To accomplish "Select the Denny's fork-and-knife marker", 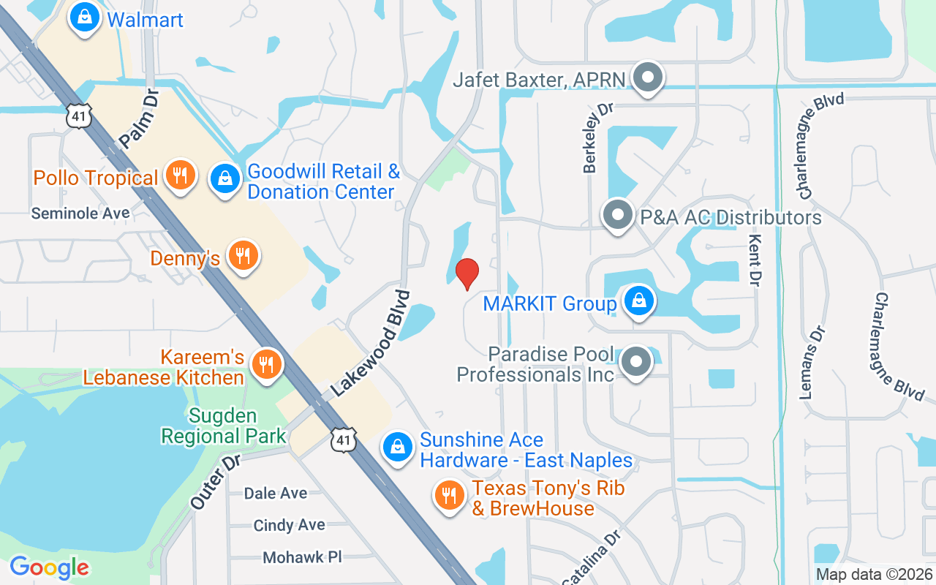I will [x=241, y=256].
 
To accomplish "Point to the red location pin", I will [x=467, y=274].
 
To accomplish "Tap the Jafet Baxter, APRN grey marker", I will [x=646, y=78].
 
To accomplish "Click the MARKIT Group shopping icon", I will [x=638, y=301].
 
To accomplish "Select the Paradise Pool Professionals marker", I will [x=636, y=361].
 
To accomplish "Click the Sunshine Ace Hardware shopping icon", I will [x=398, y=447].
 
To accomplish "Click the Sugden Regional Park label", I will [x=224, y=426].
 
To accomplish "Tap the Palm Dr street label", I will [x=139, y=120].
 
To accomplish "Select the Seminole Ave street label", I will [x=80, y=213].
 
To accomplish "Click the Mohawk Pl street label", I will [x=302, y=557].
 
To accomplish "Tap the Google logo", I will [x=49, y=567].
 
